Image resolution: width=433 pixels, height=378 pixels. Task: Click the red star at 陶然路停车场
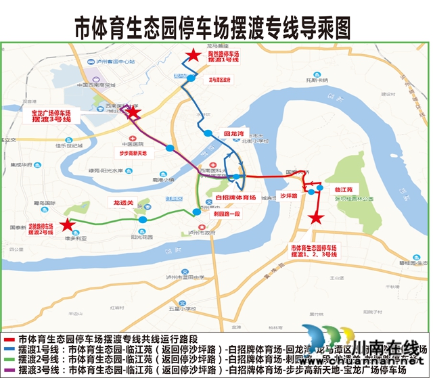194,56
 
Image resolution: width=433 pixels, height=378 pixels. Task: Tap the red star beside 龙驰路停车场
66,225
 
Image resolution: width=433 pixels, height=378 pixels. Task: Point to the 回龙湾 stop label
233,134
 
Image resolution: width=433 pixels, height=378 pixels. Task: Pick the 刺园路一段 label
227,214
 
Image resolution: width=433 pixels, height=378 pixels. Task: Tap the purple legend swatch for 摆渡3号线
9,370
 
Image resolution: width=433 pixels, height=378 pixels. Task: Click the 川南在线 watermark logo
365,351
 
